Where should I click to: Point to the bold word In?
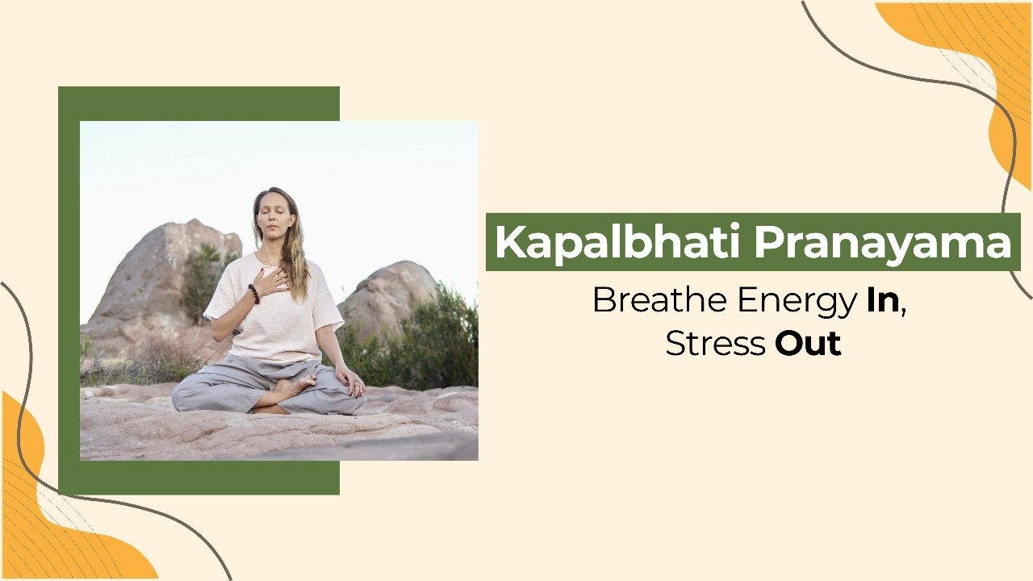pos(883,300)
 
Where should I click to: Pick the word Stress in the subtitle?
pos(715,344)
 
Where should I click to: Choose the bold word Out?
pos(808,344)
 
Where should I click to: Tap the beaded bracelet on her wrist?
pos(254,294)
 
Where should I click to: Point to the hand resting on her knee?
pos(350,382)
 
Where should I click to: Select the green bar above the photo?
pos(199,104)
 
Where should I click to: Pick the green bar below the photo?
pos(199,478)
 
